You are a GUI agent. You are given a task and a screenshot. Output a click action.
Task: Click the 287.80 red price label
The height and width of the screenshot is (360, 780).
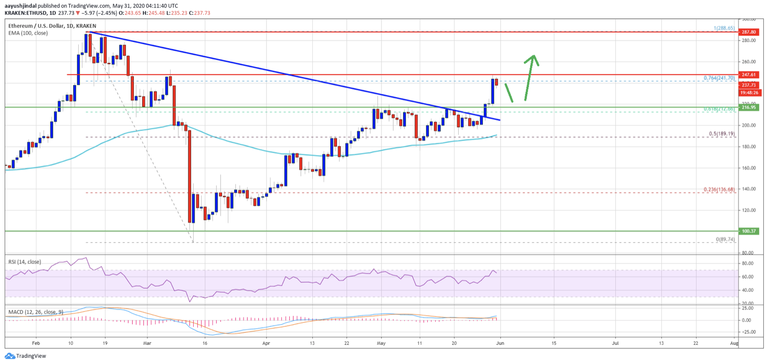click(749, 31)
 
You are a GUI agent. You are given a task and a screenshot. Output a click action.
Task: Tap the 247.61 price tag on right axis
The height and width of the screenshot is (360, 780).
click(749, 75)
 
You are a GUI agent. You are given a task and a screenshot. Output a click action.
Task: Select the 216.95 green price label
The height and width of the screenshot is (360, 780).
click(749, 107)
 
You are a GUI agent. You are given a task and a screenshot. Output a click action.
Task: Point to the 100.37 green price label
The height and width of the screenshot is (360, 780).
click(749, 231)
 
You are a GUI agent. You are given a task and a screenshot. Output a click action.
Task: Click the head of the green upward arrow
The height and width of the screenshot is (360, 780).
click(533, 57)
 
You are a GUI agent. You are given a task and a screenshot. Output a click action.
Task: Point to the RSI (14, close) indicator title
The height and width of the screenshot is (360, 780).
click(24, 262)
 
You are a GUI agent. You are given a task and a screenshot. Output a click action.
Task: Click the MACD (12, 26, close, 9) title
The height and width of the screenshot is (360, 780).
click(35, 312)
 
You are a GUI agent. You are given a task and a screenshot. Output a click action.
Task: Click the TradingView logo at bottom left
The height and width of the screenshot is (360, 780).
click(25, 356)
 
